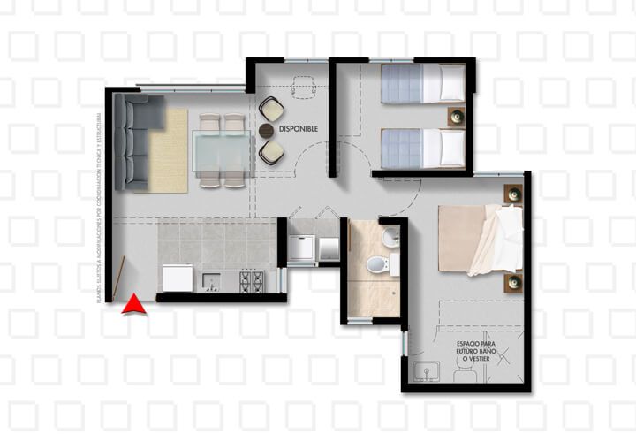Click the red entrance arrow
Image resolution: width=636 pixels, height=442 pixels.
[133, 304]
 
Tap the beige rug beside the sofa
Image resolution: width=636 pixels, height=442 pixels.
[168, 150]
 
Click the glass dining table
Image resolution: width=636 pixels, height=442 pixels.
[223, 151]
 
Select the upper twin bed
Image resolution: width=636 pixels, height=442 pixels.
[421, 83]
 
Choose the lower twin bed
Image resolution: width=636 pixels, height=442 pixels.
[421, 148]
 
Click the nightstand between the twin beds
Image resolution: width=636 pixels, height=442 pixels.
[457, 115]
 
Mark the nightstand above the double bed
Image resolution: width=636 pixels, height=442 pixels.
[512, 193]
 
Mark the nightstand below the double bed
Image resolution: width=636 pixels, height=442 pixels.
[512, 283]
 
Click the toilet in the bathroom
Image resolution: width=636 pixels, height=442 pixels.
[378, 264]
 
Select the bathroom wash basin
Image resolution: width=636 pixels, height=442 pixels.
[390, 237]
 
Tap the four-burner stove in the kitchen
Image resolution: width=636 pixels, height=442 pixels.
[251, 280]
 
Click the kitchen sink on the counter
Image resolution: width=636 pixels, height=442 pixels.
[211, 282]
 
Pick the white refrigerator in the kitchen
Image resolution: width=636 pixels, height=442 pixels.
[176, 278]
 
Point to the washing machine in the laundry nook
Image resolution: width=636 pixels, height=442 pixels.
[301, 249]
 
